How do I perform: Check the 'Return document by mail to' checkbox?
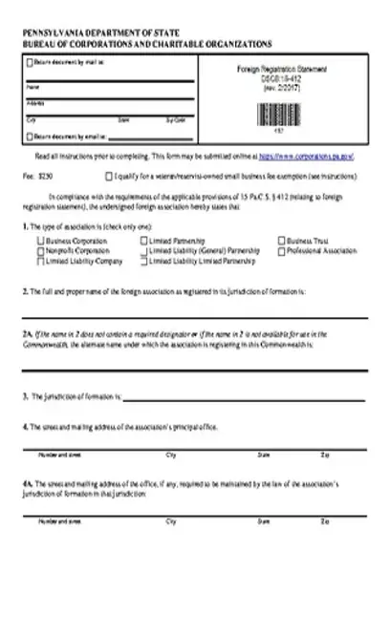click(x=28, y=64)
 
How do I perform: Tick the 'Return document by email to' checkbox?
click(x=28, y=137)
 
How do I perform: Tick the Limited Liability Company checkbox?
click(x=39, y=261)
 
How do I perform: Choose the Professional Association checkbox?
click(x=280, y=252)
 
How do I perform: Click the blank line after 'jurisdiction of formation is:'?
click(x=244, y=397)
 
